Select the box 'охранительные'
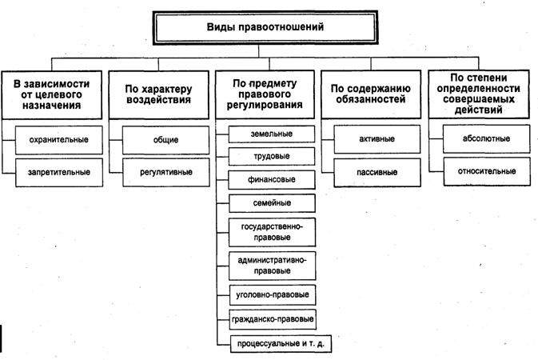click(x=58, y=139)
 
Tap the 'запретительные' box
click(x=58, y=170)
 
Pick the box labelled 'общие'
click(x=165, y=140)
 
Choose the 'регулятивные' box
click(x=165, y=170)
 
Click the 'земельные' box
click(x=271, y=133)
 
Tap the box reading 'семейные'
click(x=271, y=202)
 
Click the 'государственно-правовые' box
click(x=271, y=232)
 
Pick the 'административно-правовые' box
click(x=271, y=265)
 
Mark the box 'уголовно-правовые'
click(x=271, y=295)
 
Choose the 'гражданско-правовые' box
click(x=271, y=320)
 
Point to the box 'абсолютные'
click(x=480, y=139)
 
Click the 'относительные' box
click(x=480, y=170)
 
